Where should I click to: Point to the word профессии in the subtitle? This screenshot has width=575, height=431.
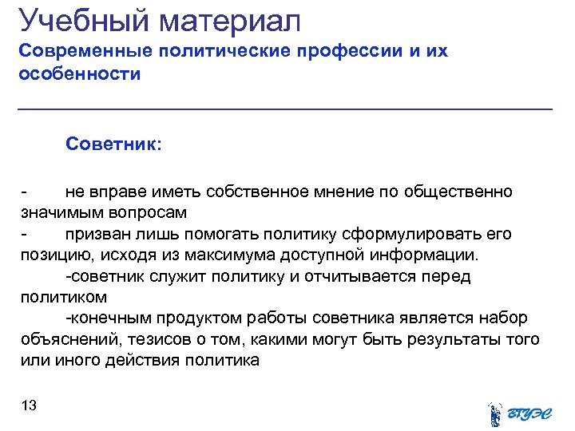[x=355, y=52]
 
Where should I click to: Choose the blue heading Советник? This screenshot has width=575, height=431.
[x=113, y=144]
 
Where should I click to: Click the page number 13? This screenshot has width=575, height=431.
[x=29, y=406]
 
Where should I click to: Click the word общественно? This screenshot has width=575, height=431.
[x=458, y=192]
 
